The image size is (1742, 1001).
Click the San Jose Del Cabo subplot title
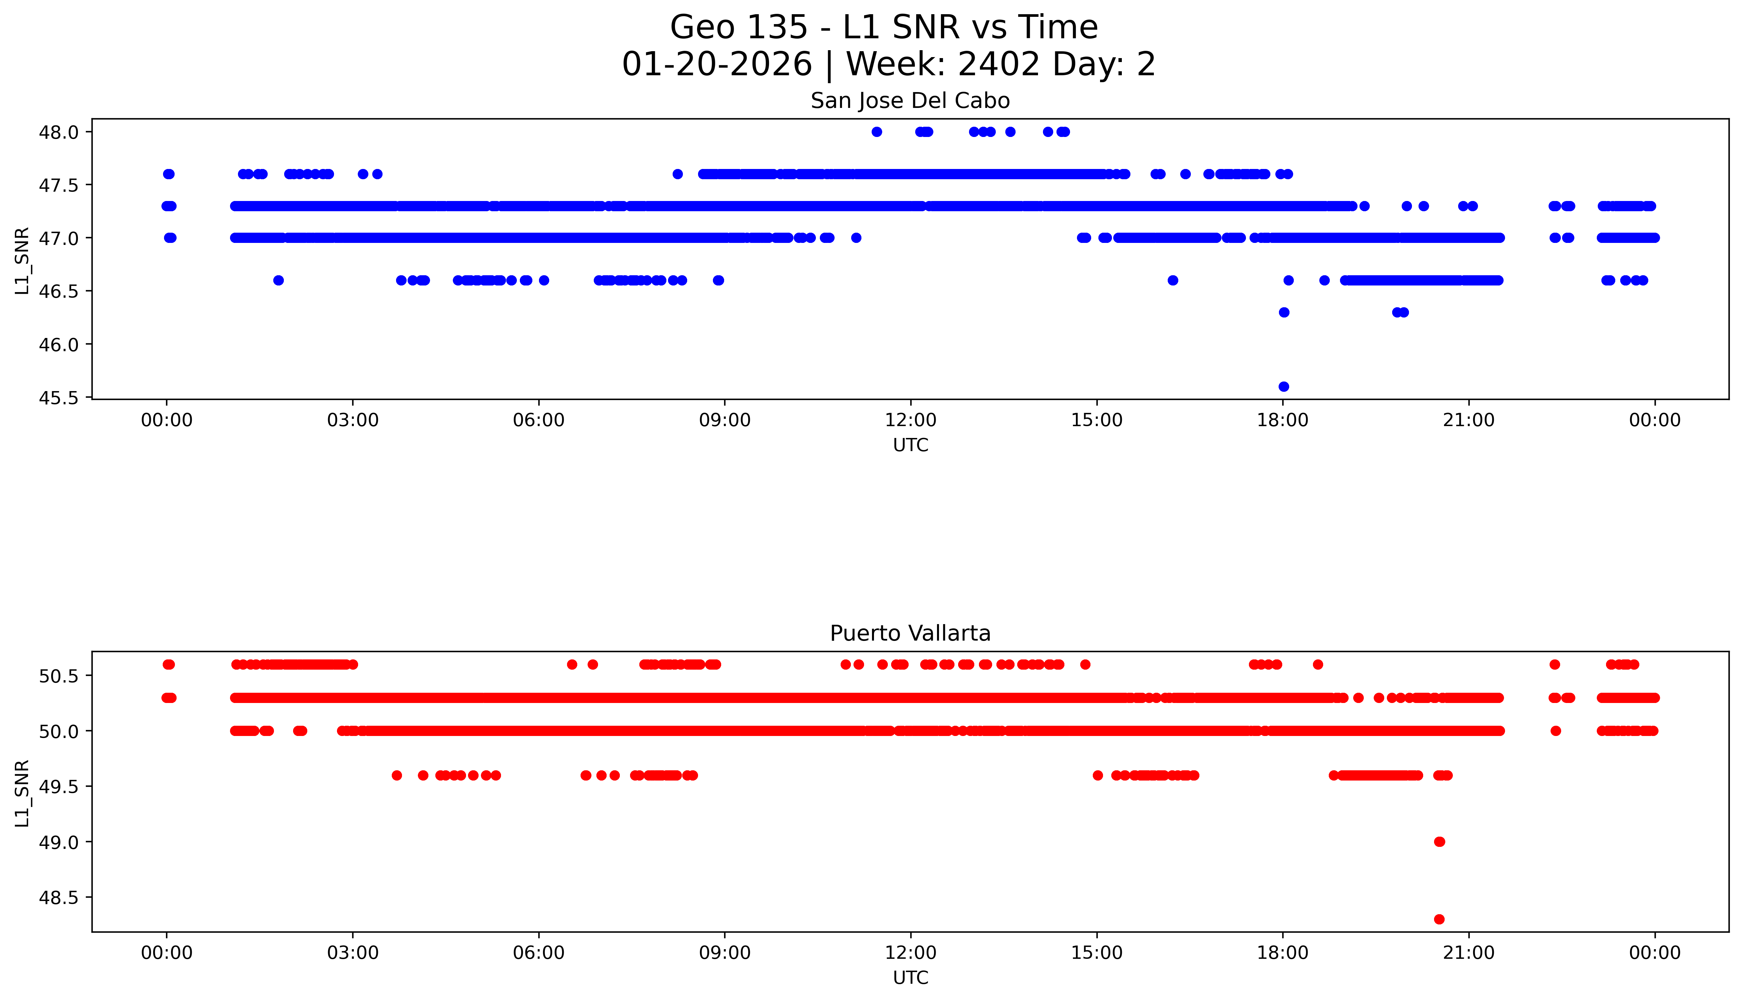point(910,101)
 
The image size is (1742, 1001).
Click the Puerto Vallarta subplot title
point(910,633)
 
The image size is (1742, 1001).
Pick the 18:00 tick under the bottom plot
point(1283,953)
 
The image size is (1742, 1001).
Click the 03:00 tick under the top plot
point(353,420)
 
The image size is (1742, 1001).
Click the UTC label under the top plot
point(910,446)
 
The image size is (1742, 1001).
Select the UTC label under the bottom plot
point(910,978)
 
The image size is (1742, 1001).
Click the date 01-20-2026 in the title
point(717,65)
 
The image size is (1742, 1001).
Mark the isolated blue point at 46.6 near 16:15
point(1173,281)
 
